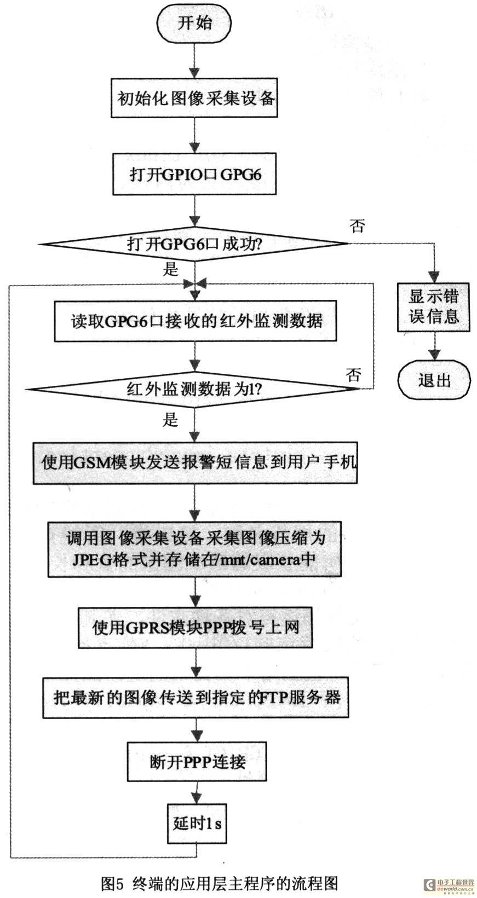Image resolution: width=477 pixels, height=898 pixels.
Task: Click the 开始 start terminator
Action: pyautogui.click(x=195, y=23)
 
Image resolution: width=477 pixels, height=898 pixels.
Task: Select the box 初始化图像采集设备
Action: pyautogui.click(x=194, y=98)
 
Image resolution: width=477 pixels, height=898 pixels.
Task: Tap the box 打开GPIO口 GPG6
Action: pyautogui.click(x=194, y=175)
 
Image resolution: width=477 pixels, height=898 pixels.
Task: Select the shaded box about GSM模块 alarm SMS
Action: pyautogui.click(x=195, y=463)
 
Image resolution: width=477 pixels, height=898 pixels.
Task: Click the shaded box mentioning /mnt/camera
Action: pyautogui.click(x=194, y=549)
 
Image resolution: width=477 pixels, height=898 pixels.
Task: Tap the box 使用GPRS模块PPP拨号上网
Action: pyautogui.click(x=196, y=628)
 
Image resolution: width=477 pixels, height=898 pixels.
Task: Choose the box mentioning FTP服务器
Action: pyautogui.click(x=196, y=698)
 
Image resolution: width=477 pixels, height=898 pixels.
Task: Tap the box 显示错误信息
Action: pyautogui.click(x=434, y=307)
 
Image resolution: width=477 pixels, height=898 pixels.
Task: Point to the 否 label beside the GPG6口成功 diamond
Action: pyautogui.click(x=358, y=225)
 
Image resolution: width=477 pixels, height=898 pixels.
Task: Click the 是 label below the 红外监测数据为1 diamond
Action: pyautogui.click(x=170, y=420)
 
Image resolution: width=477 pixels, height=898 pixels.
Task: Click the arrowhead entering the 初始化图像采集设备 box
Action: pyautogui.click(x=194, y=73)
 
